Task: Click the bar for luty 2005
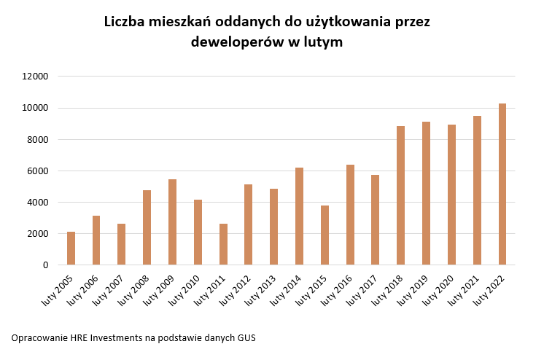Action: click(x=71, y=249)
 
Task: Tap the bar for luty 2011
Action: click(x=223, y=244)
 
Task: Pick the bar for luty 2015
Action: click(x=325, y=235)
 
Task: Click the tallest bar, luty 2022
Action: click(x=502, y=184)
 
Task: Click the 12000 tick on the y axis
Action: click(x=36, y=77)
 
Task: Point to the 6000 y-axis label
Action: click(x=38, y=171)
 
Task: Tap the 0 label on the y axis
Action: click(x=45, y=265)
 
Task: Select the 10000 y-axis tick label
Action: click(x=36, y=108)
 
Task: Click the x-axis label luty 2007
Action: click(x=109, y=287)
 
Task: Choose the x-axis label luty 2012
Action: click(x=236, y=287)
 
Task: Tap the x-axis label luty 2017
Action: click(x=363, y=287)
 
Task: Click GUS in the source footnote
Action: click(x=246, y=338)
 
